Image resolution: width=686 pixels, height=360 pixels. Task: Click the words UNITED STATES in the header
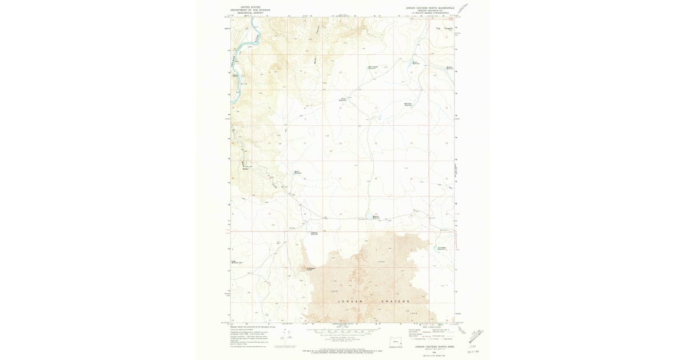(x=250, y=7)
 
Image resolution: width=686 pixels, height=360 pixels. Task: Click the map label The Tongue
(x=444, y=29)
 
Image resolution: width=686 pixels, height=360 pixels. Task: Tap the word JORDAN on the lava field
(x=347, y=301)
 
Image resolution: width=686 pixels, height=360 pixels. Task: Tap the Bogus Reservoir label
(x=297, y=171)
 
